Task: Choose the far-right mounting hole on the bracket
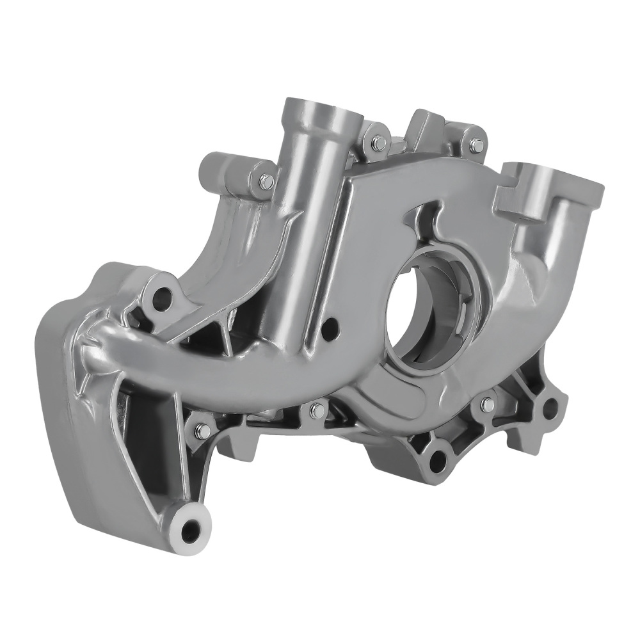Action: click(x=550, y=406)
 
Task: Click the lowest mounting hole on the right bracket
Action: click(x=437, y=458)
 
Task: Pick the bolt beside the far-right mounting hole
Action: click(x=487, y=404)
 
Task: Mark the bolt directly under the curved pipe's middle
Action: click(x=315, y=410)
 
